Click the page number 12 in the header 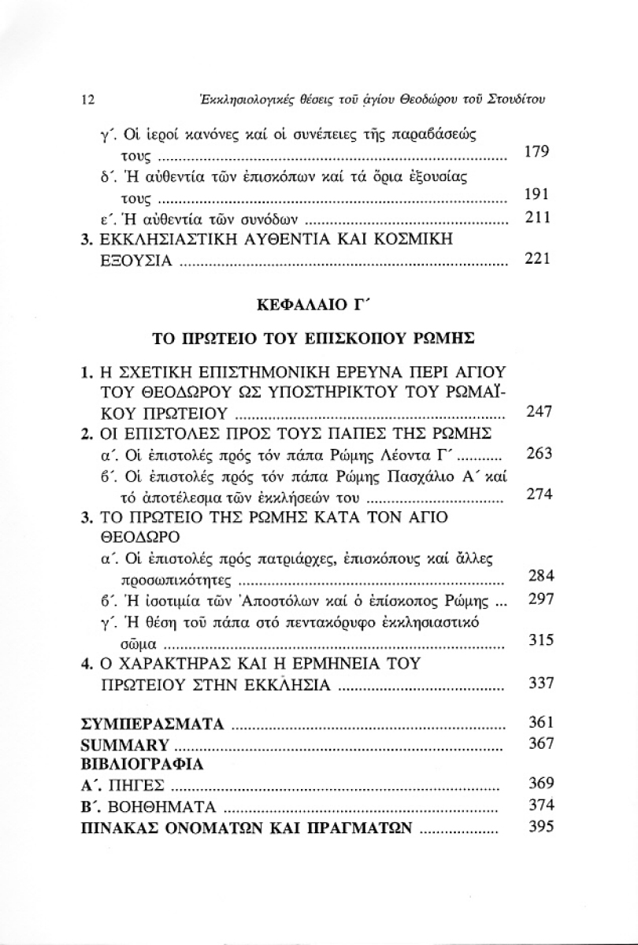point(88,100)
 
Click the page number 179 point(536,150)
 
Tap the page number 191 point(536,195)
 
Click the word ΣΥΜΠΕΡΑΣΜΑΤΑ point(154,723)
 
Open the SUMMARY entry point(125,744)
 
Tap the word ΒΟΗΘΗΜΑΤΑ point(165,806)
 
